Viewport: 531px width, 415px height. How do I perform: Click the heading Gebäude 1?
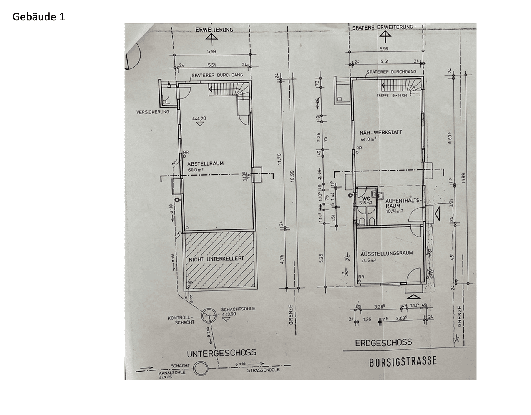point(39,17)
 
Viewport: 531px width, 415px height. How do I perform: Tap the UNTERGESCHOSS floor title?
point(221,353)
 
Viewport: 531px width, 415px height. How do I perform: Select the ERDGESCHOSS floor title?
point(383,342)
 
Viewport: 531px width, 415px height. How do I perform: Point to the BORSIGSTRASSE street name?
point(403,361)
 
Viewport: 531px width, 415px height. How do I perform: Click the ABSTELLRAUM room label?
point(206,163)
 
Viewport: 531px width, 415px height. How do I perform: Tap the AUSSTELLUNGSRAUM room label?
point(387,253)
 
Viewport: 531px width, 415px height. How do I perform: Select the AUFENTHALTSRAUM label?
point(403,203)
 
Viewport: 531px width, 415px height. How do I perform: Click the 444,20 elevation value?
point(199,118)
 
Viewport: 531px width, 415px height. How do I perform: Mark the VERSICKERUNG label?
point(153,112)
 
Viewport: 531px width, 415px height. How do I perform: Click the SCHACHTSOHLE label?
point(238,309)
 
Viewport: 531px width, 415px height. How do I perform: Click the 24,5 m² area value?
point(368,260)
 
